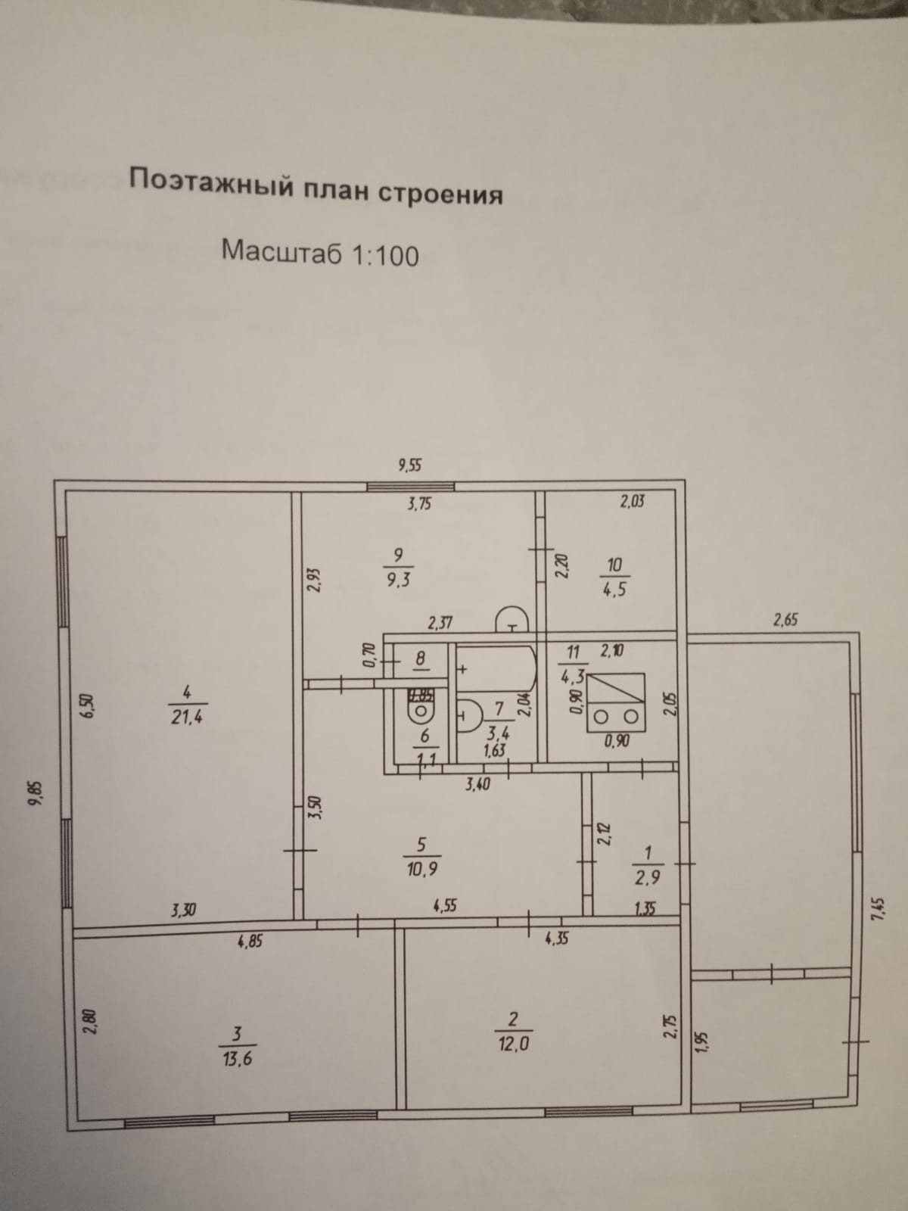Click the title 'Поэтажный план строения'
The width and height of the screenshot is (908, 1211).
(316, 186)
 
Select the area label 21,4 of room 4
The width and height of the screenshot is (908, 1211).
(187, 716)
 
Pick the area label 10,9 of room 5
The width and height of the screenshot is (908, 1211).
(422, 868)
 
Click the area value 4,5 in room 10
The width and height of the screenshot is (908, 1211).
(614, 589)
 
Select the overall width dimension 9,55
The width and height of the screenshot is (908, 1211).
(409, 465)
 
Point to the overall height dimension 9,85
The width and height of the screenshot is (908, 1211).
(33, 795)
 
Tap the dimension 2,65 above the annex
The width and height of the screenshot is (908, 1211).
(785, 621)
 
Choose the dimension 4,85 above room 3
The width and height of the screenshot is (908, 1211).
(250, 942)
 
